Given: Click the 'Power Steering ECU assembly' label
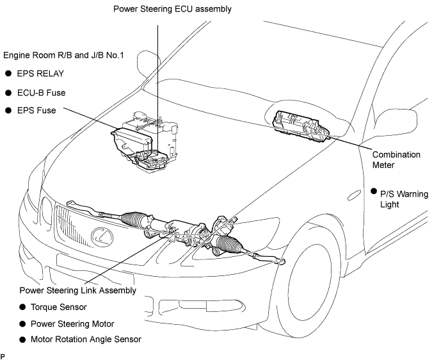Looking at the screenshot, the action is tap(172, 10).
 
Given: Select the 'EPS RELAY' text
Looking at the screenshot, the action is tap(40, 74).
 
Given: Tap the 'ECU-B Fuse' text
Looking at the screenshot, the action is tap(42, 93).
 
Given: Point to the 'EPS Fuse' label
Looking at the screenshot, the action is tap(36, 110).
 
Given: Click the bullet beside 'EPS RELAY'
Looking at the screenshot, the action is tap(8, 74).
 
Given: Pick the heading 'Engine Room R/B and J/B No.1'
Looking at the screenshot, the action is tap(63, 55).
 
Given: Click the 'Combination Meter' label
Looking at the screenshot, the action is tap(396, 160).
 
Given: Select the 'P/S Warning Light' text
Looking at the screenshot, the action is tap(404, 199).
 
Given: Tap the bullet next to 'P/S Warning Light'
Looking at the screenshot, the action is tap(374, 192).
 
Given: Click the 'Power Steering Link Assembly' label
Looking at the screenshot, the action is tap(78, 290).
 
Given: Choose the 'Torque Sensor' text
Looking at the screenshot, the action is tap(59, 307).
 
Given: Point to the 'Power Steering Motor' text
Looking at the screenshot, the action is tap(72, 324).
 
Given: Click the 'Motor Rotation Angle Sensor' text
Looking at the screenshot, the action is tap(86, 340).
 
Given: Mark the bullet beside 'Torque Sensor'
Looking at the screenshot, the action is tap(22, 307).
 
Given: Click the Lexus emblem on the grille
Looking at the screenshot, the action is tap(102, 236).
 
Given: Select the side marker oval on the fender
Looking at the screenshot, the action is tap(354, 195).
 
